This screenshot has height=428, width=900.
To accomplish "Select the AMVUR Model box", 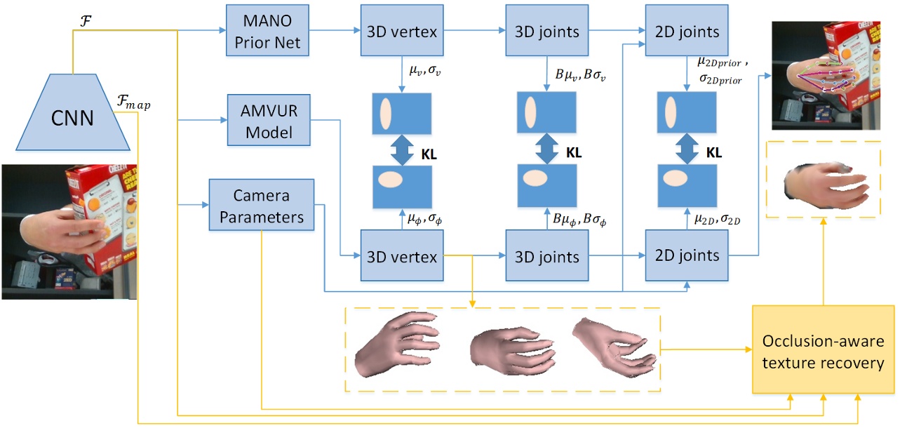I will pos(268,121).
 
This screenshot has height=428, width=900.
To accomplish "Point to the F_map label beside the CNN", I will pos(135,105).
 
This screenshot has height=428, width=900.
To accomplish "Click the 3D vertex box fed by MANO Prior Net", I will pos(402,33).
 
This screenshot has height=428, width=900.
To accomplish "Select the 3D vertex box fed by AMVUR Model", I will pos(402,256).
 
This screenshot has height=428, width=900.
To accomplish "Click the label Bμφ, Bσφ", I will pos(578,220).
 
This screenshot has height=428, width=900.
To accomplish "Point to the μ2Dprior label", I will pos(722,64).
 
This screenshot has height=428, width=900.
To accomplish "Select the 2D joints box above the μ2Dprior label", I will pos(686,33).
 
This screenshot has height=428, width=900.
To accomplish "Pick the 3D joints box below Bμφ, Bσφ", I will pos(546,256).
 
